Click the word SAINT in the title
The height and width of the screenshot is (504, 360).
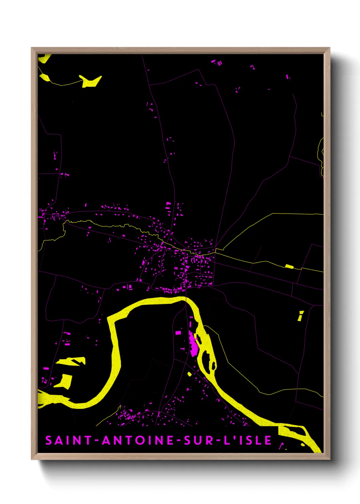point(68,440)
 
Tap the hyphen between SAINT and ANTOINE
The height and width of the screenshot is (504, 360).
point(97,441)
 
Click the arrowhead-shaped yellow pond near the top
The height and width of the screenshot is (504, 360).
point(91,81)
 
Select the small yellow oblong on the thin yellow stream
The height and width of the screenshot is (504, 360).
point(289,266)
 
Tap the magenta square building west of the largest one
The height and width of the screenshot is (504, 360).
point(178,332)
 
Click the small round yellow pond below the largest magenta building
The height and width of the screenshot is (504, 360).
point(190,374)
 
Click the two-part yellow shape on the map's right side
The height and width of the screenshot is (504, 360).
point(300,316)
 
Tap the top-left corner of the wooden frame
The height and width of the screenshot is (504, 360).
point(32,48)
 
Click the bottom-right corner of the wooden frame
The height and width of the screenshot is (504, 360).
point(329,459)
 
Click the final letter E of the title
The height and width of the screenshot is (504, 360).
point(268,440)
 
